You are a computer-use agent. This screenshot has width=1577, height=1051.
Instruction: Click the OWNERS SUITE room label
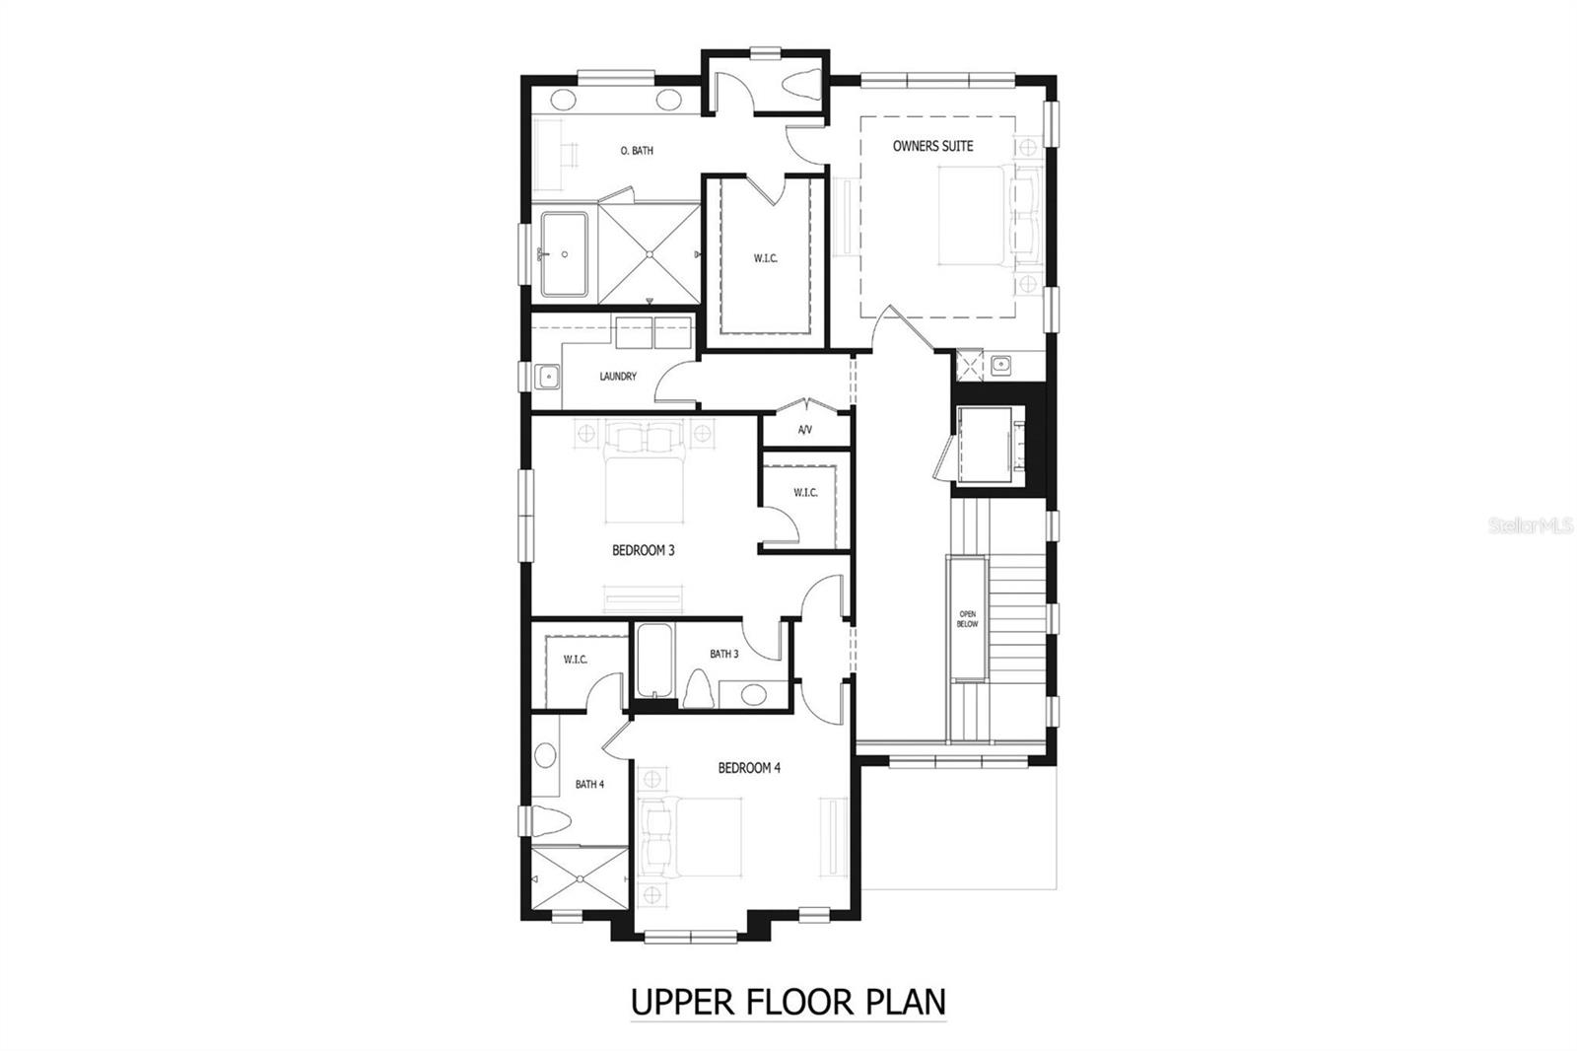[932, 146]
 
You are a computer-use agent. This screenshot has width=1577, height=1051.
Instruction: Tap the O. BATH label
[637, 151]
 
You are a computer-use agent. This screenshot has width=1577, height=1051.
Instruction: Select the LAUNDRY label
[618, 377]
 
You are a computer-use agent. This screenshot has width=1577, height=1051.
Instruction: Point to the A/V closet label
[804, 430]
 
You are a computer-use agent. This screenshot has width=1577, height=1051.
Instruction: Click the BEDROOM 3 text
[643, 550]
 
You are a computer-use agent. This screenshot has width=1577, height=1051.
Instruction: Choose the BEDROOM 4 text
[749, 767]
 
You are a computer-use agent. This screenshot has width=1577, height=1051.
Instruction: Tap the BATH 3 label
[723, 654]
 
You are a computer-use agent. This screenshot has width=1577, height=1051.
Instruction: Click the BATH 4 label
[589, 784]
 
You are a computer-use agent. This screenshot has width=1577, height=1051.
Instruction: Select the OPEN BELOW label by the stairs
[967, 618]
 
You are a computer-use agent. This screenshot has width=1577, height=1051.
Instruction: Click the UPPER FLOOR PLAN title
[788, 1002]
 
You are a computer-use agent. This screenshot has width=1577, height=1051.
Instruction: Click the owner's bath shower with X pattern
[650, 254]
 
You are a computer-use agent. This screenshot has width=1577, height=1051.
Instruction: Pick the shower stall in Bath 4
[578, 881]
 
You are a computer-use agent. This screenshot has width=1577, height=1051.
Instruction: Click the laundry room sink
[548, 376]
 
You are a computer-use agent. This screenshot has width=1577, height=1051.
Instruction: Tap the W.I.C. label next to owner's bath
[766, 258]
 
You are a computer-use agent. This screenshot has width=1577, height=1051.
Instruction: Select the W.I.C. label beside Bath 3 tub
[576, 660]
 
